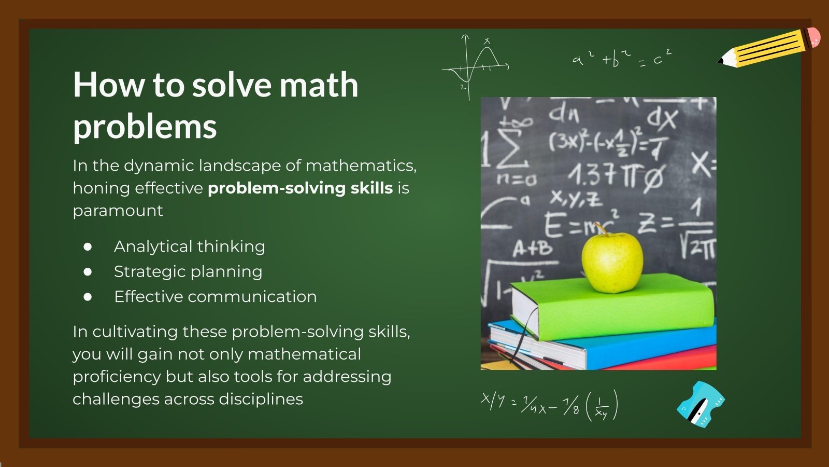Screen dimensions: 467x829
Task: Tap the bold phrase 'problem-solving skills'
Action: point(300,188)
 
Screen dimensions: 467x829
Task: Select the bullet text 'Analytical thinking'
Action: point(189,246)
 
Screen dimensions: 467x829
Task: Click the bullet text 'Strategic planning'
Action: point(188,271)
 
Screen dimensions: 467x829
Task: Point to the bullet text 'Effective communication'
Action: point(215,296)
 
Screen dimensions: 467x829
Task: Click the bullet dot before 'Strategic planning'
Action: point(88,271)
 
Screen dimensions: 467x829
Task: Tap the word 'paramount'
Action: point(118,211)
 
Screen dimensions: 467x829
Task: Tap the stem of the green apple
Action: point(602,229)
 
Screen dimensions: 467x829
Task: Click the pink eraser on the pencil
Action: point(814,37)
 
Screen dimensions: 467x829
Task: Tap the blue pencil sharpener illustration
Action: point(700,404)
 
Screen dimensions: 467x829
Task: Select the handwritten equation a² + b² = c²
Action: point(622,58)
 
